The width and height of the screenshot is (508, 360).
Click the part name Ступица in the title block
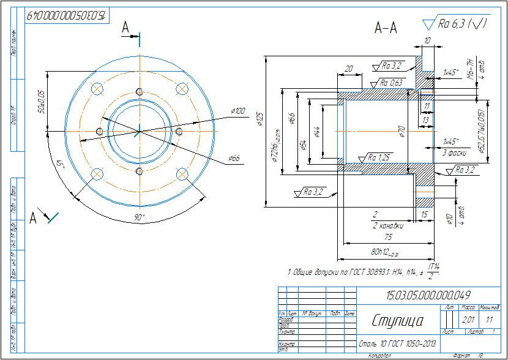(396, 320)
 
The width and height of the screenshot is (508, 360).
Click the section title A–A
(386, 28)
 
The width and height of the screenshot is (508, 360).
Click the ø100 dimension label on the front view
(237, 111)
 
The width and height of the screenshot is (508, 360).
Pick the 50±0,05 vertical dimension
(42, 102)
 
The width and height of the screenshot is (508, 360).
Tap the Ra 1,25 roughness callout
(379, 157)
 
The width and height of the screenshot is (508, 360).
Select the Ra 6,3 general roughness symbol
(457, 24)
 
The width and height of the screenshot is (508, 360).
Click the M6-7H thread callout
(470, 70)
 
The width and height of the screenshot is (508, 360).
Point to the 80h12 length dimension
(384, 252)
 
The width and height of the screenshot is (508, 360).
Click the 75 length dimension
(388, 236)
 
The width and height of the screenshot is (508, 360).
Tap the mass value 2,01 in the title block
(468, 320)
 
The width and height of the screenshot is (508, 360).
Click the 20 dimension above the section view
(349, 69)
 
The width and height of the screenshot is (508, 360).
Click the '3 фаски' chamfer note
(455, 152)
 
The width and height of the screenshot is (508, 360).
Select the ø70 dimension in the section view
(402, 130)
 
